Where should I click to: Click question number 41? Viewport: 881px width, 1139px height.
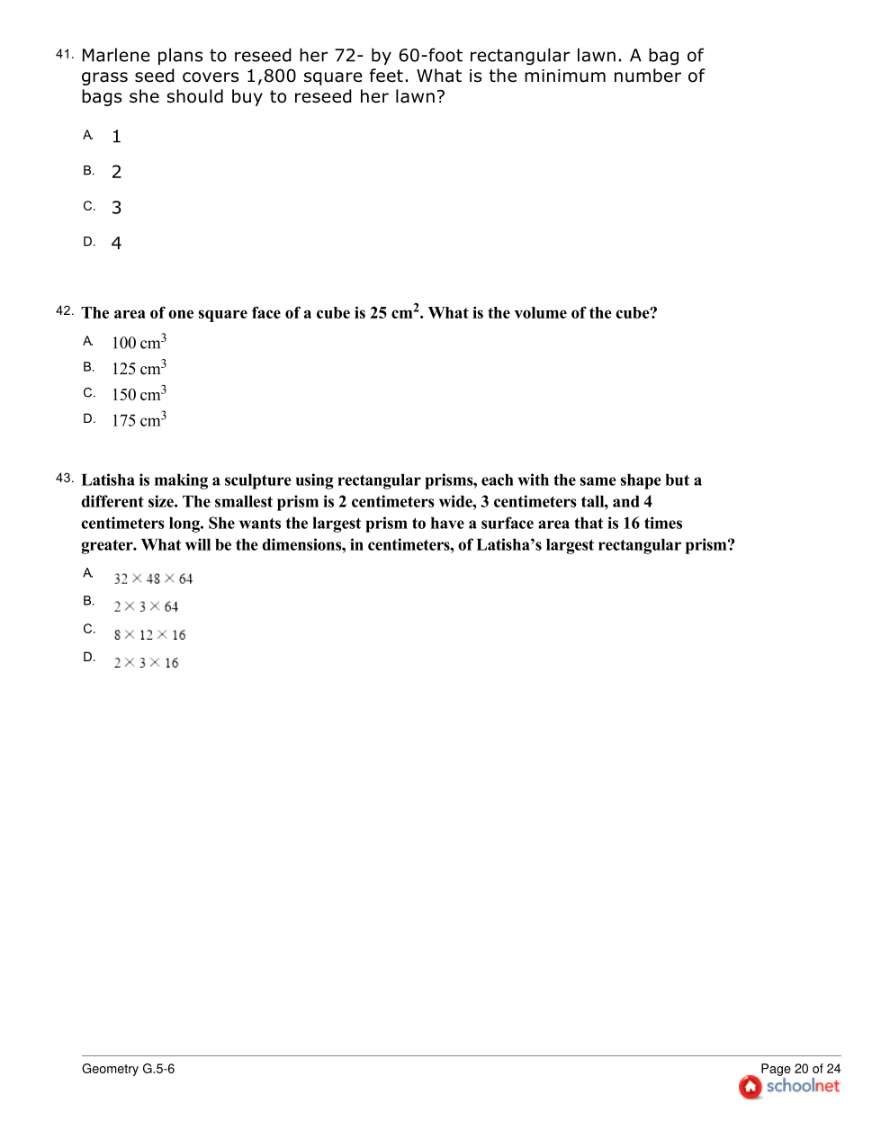[64, 55]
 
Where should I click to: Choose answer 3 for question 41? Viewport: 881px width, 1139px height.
[116, 208]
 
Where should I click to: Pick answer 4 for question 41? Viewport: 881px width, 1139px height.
[116, 244]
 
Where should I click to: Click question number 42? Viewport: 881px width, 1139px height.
[64, 311]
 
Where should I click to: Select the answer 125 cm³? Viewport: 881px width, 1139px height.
[139, 368]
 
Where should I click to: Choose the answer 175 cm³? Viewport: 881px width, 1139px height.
[139, 420]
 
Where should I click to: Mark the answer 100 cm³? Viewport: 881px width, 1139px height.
[139, 343]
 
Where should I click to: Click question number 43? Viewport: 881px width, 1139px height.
[64, 479]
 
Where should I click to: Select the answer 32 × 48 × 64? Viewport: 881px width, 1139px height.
[153, 578]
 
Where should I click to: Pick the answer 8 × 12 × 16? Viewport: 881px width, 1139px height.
[149, 635]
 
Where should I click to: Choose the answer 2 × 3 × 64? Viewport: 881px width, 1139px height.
[146, 607]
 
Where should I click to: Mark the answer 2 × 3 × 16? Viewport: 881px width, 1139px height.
[146, 663]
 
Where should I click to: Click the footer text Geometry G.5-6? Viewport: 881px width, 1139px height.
[128, 1069]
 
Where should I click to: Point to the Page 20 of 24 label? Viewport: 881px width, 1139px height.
[800, 1069]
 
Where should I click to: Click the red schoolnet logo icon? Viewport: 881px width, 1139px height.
[750, 1088]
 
